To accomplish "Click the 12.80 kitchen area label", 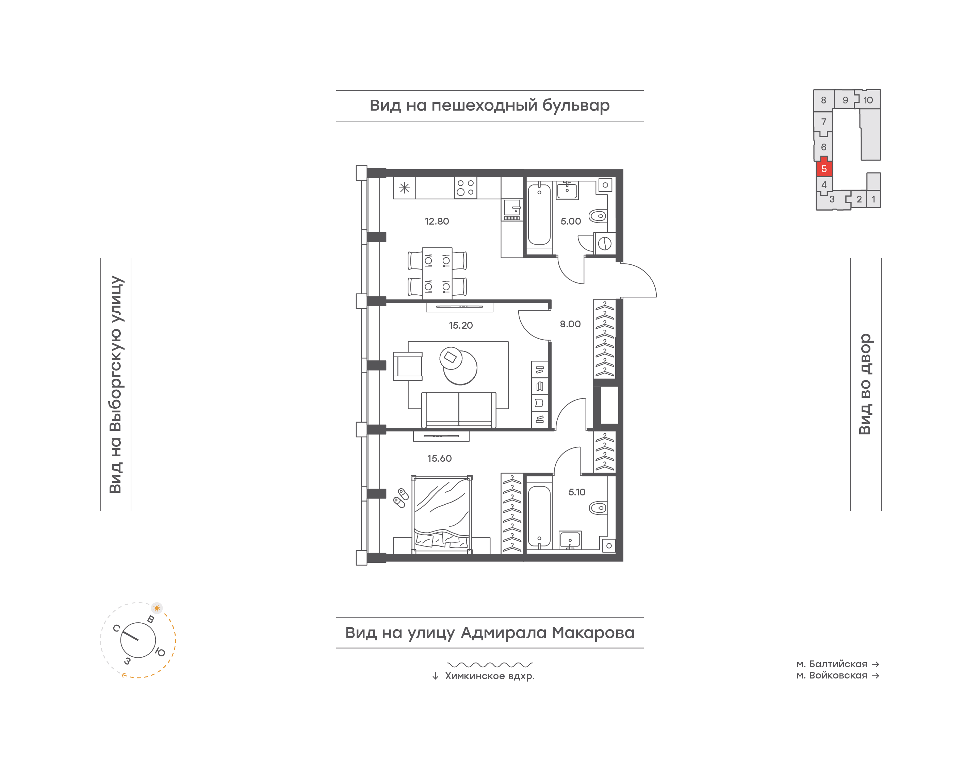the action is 436,221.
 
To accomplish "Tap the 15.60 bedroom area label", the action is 439,458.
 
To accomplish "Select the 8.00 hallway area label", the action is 570,324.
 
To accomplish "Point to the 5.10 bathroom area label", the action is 577,492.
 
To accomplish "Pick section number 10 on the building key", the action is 868,100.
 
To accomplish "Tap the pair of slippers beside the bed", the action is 401,497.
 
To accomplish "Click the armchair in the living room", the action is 407,366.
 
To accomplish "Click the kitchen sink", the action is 512,210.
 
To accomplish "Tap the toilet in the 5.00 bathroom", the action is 598,216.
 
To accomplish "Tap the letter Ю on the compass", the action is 160,652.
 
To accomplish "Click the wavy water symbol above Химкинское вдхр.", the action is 490,665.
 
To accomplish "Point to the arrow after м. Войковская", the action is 875,675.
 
